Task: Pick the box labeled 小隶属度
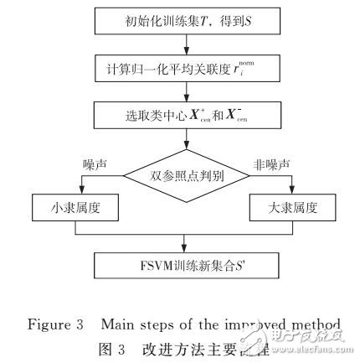coord(71,206)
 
